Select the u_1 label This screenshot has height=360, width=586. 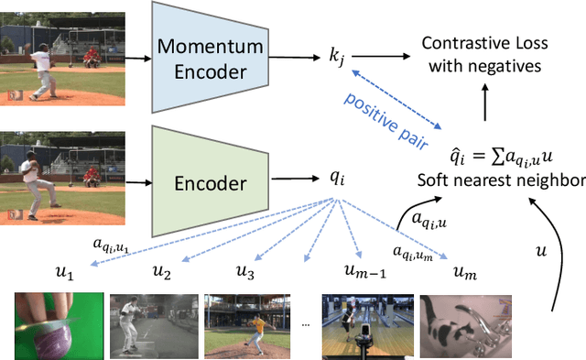click(65, 272)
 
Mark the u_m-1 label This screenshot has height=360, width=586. click(360, 272)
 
